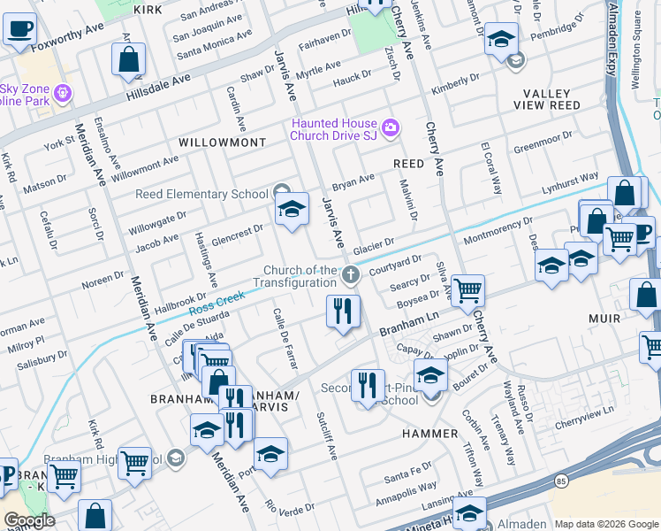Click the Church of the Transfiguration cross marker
pyautogui.click(x=351, y=275)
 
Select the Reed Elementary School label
pyautogui.click(x=201, y=194)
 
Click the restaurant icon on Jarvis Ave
pyautogui.click(x=342, y=312)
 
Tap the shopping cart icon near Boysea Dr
pyautogui.click(x=467, y=289)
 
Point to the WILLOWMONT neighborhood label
pyautogui.click(x=222, y=142)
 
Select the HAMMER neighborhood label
pyautogui.click(x=429, y=434)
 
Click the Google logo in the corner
pyautogui.click(x=28, y=520)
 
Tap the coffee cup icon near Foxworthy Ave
pyautogui.click(x=19, y=27)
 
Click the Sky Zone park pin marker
pyautogui.click(x=62, y=92)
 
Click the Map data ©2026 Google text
pyautogui.click(x=606, y=523)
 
